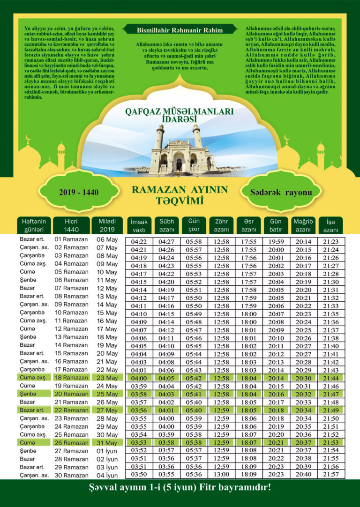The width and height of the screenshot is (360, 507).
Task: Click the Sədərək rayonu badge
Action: pos(281,193)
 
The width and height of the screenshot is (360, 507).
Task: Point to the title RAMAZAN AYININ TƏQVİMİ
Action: pos(180,195)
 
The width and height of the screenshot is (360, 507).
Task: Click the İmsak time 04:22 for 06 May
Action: pos(139,242)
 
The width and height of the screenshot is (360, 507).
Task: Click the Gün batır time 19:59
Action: pos(276,242)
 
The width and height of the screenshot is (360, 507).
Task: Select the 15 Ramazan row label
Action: pos(71,353)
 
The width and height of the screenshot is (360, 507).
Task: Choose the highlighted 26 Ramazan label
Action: pos(71,443)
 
